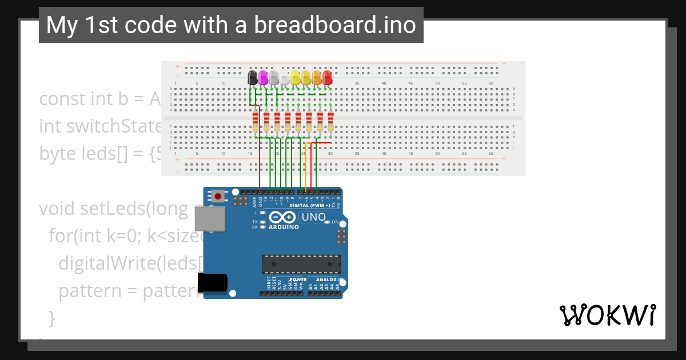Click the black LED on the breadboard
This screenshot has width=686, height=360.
(x=252, y=78)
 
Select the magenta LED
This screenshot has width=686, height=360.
(x=263, y=78)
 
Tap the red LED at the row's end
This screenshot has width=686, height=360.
(x=328, y=78)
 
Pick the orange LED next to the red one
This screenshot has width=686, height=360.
(x=317, y=78)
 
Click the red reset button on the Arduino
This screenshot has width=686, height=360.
(x=218, y=196)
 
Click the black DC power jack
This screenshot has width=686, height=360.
(x=212, y=283)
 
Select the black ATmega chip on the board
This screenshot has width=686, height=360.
(x=301, y=264)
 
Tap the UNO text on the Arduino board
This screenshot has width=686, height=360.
(x=313, y=217)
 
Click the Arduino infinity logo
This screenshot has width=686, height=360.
(x=282, y=217)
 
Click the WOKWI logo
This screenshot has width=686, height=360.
(x=607, y=315)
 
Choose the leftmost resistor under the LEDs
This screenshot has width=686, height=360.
(x=255, y=121)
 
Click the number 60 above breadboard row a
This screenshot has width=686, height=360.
(x=491, y=83)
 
